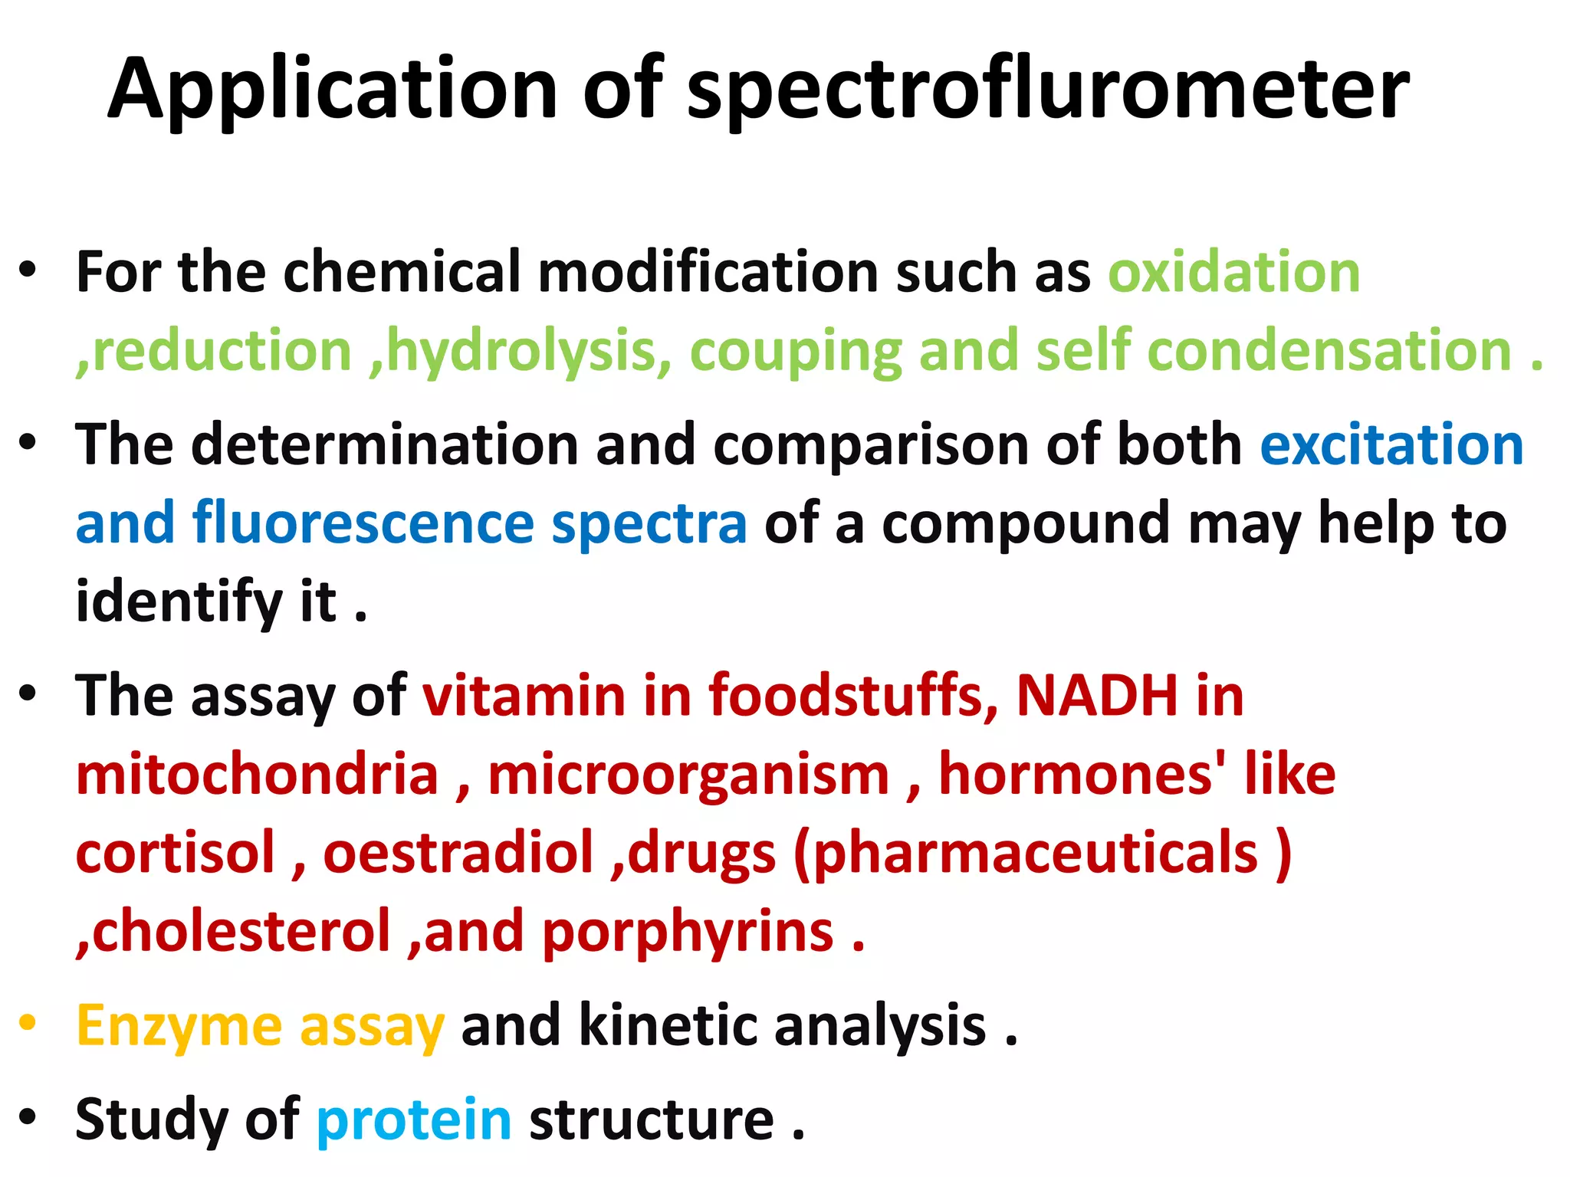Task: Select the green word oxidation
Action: coord(1234,273)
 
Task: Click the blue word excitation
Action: coord(1391,445)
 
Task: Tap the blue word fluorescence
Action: coord(363,523)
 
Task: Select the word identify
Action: coord(179,602)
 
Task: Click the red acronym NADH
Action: coord(1096,696)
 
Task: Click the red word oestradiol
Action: coord(458,853)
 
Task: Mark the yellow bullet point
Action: coord(28,1022)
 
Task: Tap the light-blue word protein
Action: coord(414,1120)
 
